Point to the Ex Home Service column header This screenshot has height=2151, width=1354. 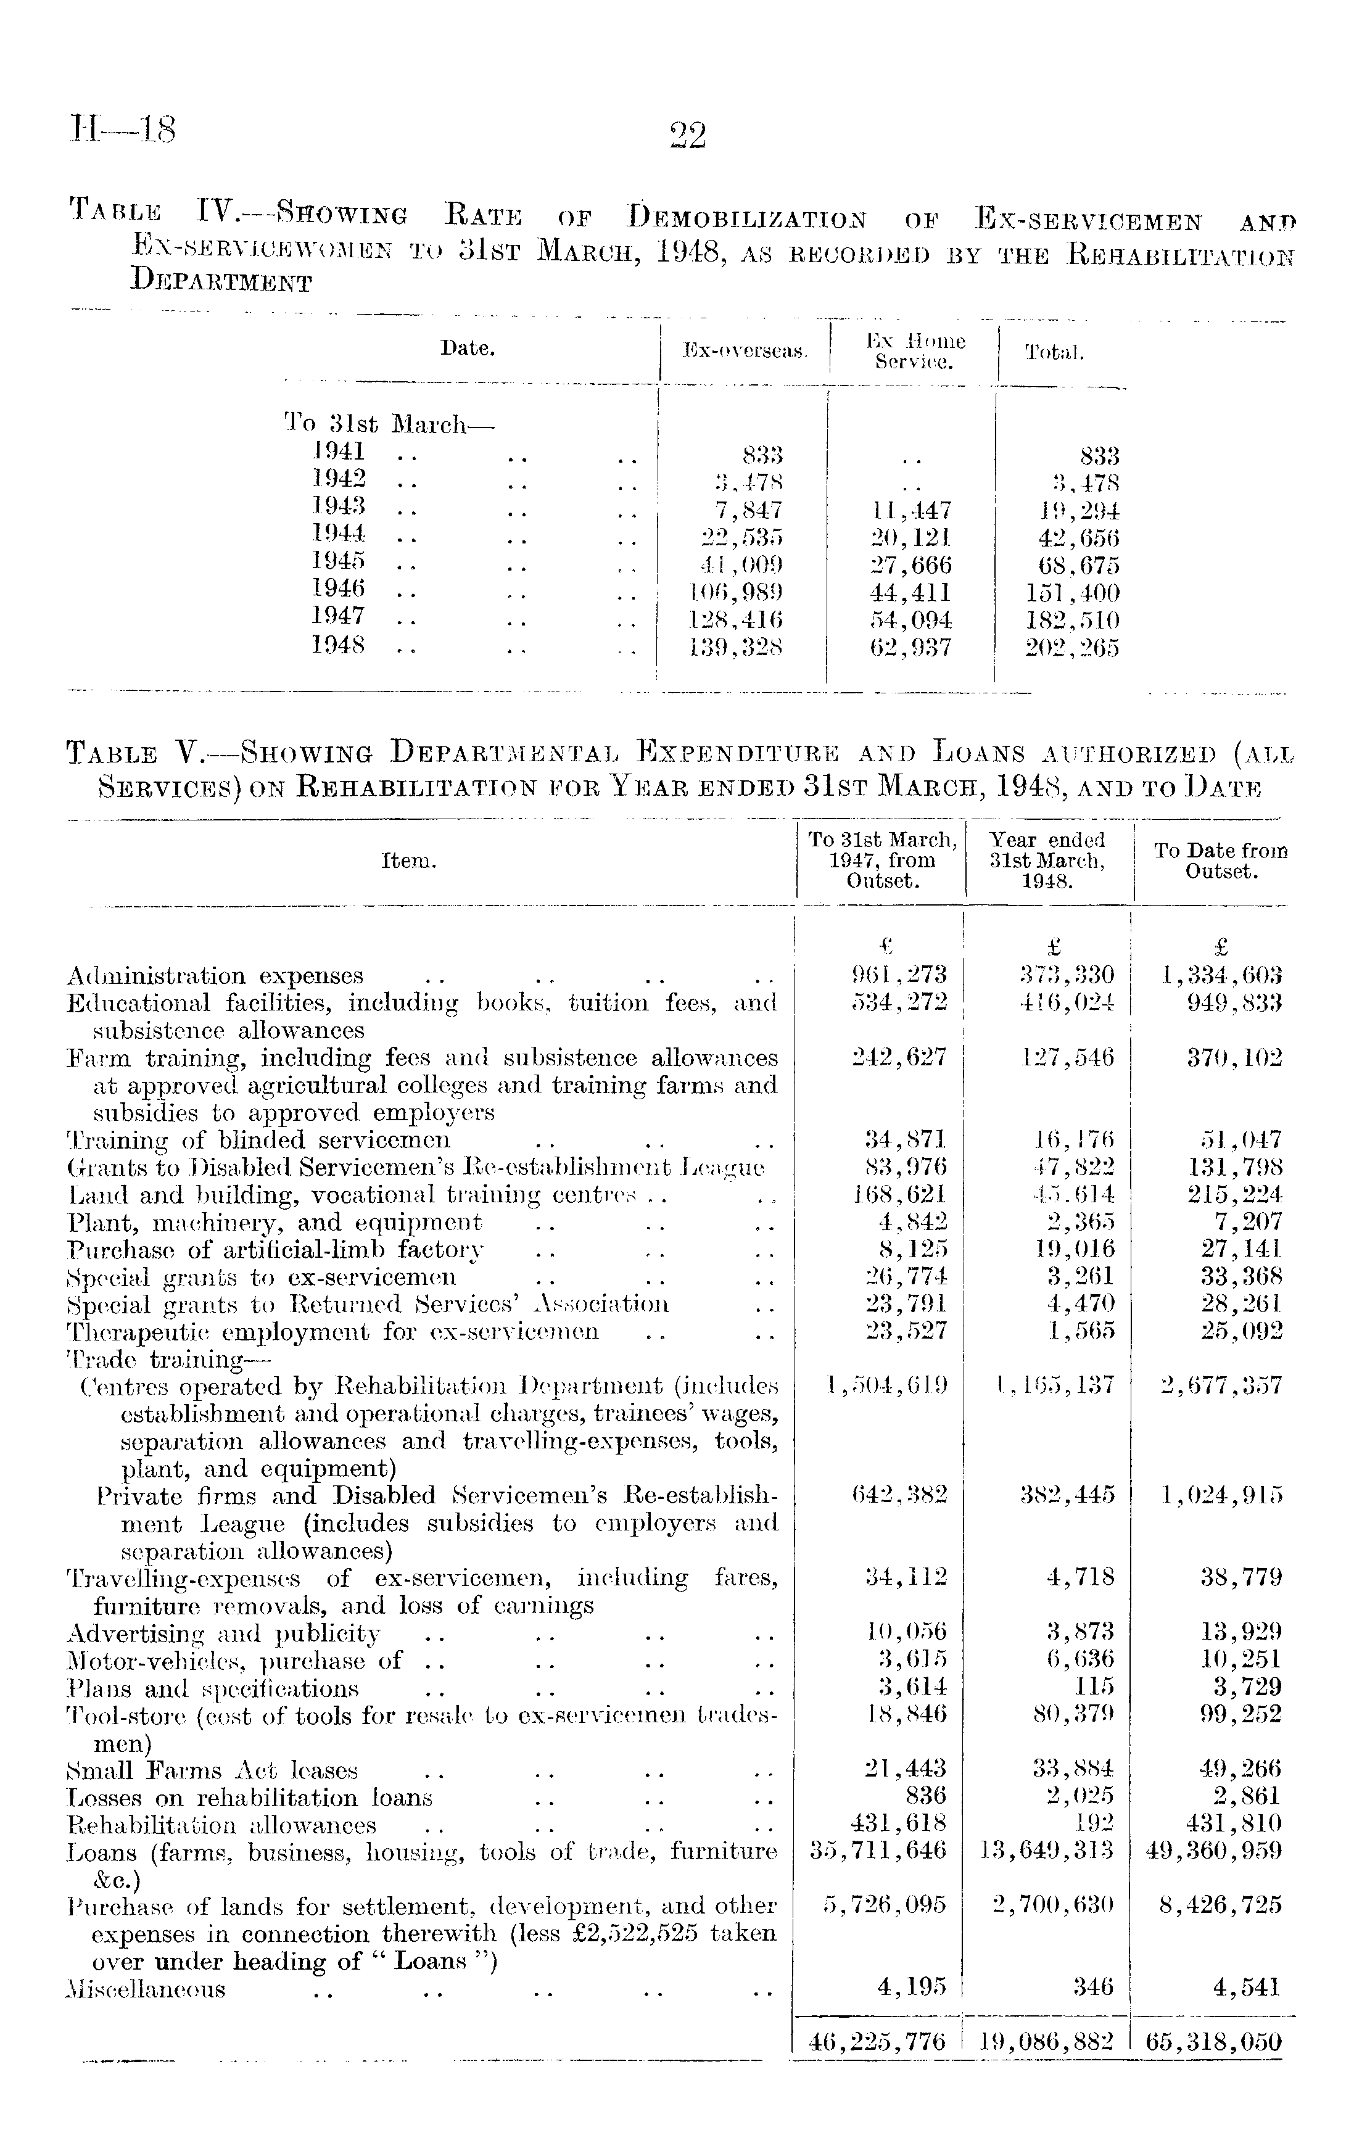(x=915, y=351)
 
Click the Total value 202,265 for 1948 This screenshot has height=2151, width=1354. (x=1071, y=648)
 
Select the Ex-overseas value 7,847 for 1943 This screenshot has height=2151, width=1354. (x=743, y=510)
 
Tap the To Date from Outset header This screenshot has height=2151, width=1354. (x=1221, y=861)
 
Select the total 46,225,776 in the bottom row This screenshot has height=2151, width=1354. (x=877, y=2042)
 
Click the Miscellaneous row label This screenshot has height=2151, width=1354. (x=146, y=1988)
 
